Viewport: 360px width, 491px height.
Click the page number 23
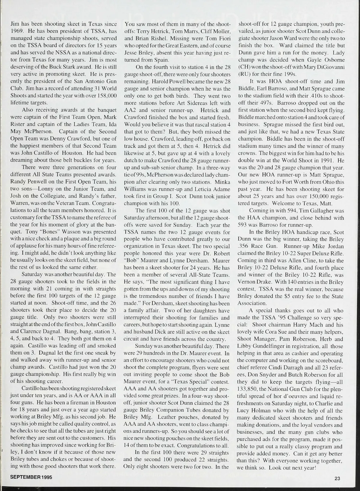pyautogui.click(x=337, y=478)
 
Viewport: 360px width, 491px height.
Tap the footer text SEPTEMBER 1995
pyautogui.click(x=31, y=477)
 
